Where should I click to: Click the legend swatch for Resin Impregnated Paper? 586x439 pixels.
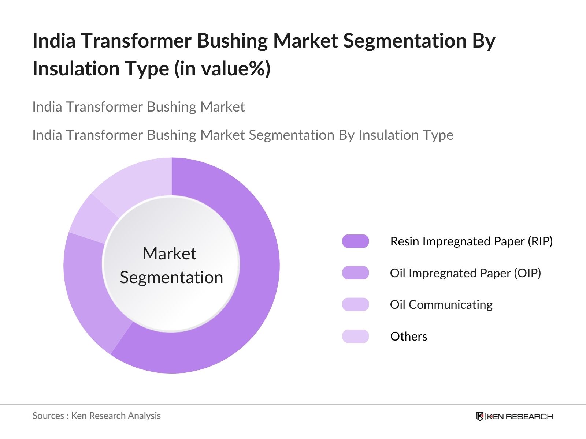[355, 241]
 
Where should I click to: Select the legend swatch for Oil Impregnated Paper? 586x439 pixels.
[355, 273]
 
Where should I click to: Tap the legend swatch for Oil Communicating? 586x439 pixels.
[355, 304]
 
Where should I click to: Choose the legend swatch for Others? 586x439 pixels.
[355, 336]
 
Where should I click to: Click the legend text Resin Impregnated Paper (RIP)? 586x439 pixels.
[471, 241]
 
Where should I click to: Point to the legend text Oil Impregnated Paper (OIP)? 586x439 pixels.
[466, 273]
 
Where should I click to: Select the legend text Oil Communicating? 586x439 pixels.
[441, 305]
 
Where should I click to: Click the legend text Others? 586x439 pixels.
[409, 336]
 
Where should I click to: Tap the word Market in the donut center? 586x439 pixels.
[170, 253]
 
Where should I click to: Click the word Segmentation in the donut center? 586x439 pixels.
[171, 278]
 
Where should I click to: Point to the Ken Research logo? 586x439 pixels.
[515, 416]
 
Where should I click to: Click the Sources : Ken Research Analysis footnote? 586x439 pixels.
[96, 416]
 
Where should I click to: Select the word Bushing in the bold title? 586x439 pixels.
[232, 41]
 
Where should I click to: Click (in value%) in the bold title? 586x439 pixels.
[222, 69]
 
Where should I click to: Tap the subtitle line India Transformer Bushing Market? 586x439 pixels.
[138, 107]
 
